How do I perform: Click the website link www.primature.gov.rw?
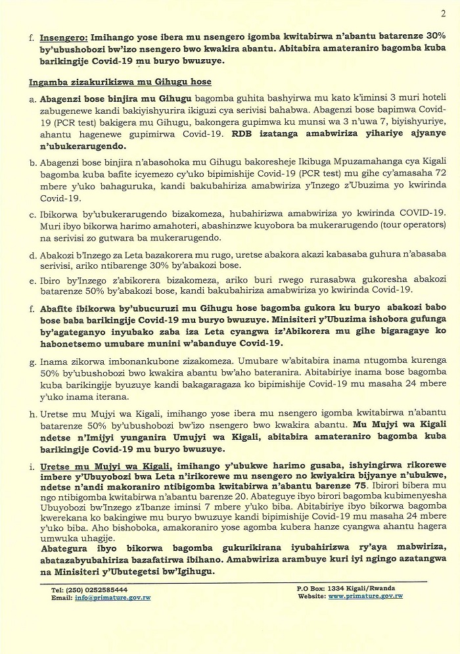tap(365, 596)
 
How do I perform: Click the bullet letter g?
tap(32, 361)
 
